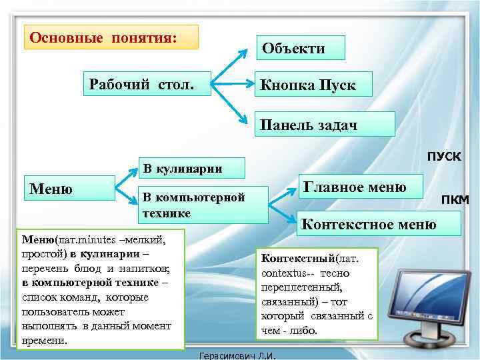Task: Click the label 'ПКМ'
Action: tap(455, 201)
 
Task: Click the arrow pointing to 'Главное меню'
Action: tap(283, 194)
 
